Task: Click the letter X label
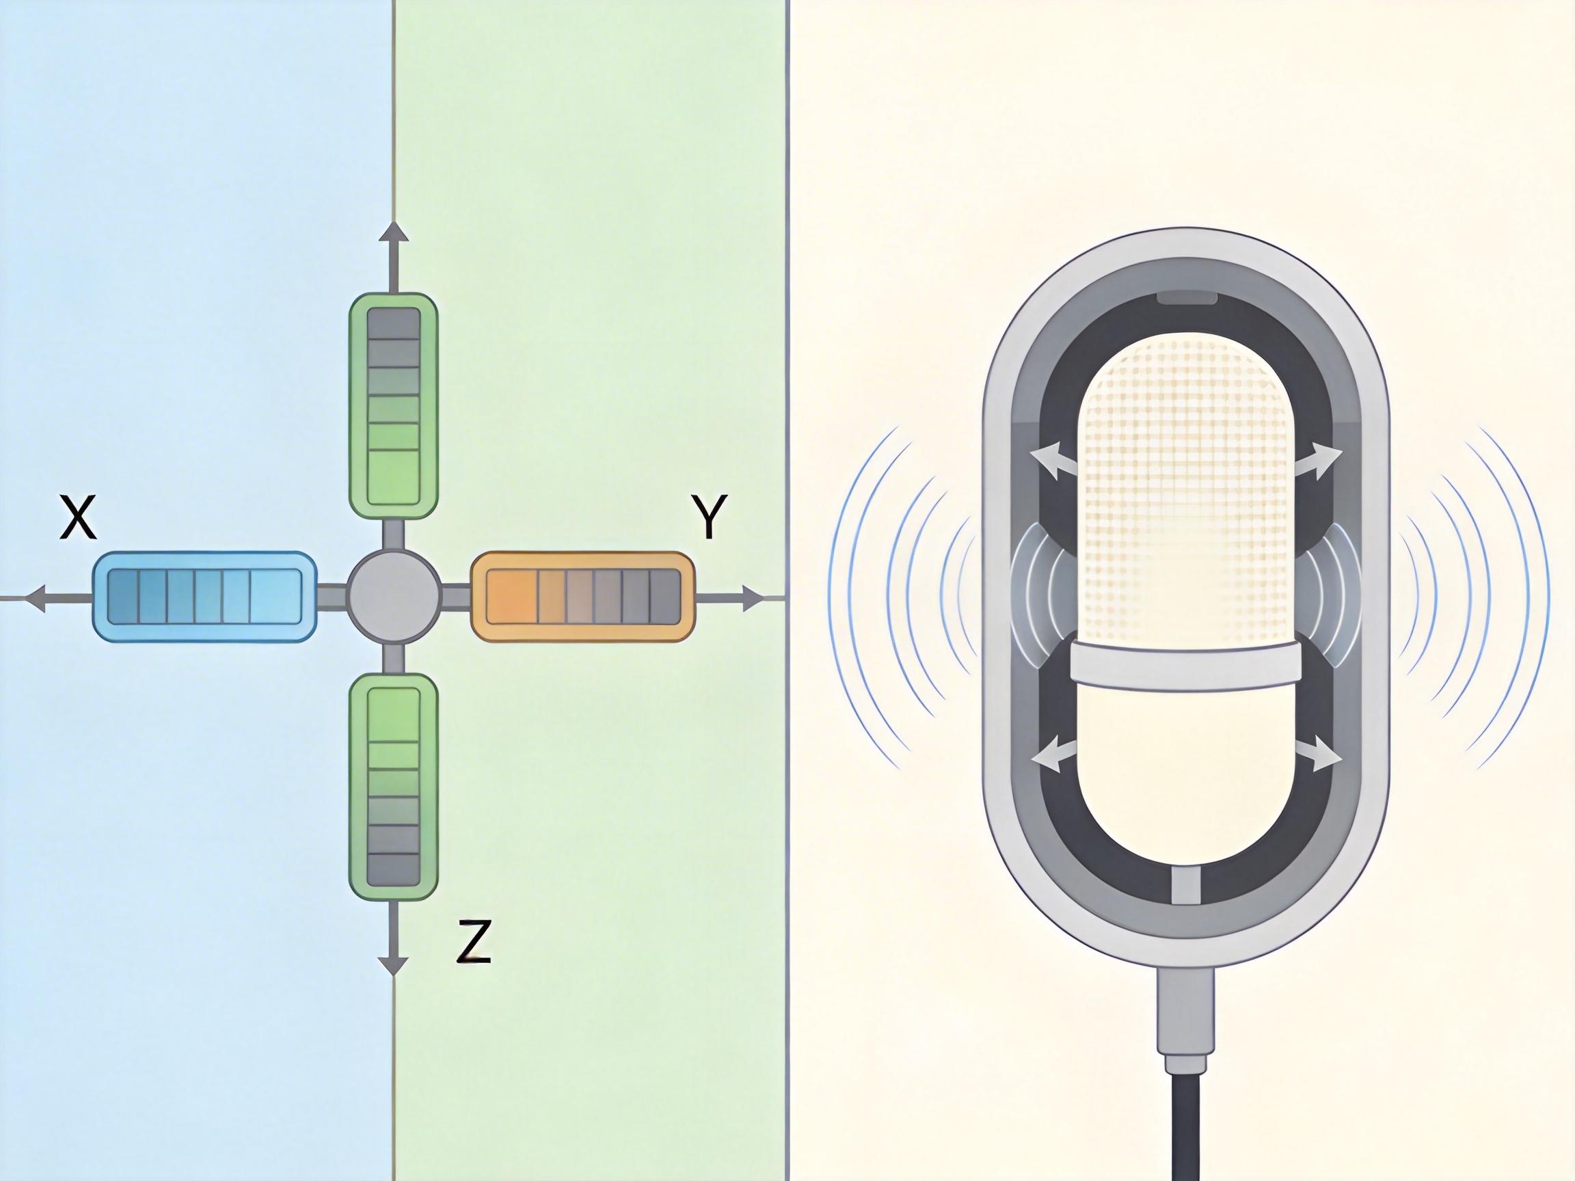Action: (78, 518)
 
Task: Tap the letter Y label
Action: (708, 517)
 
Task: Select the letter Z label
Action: (474, 941)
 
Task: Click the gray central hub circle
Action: (393, 597)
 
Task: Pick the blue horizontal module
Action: (204, 597)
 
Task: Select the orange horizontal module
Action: (582, 597)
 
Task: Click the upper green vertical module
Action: (393, 405)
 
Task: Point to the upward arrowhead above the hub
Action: (393, 232)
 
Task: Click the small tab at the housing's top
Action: (1186, 297)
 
